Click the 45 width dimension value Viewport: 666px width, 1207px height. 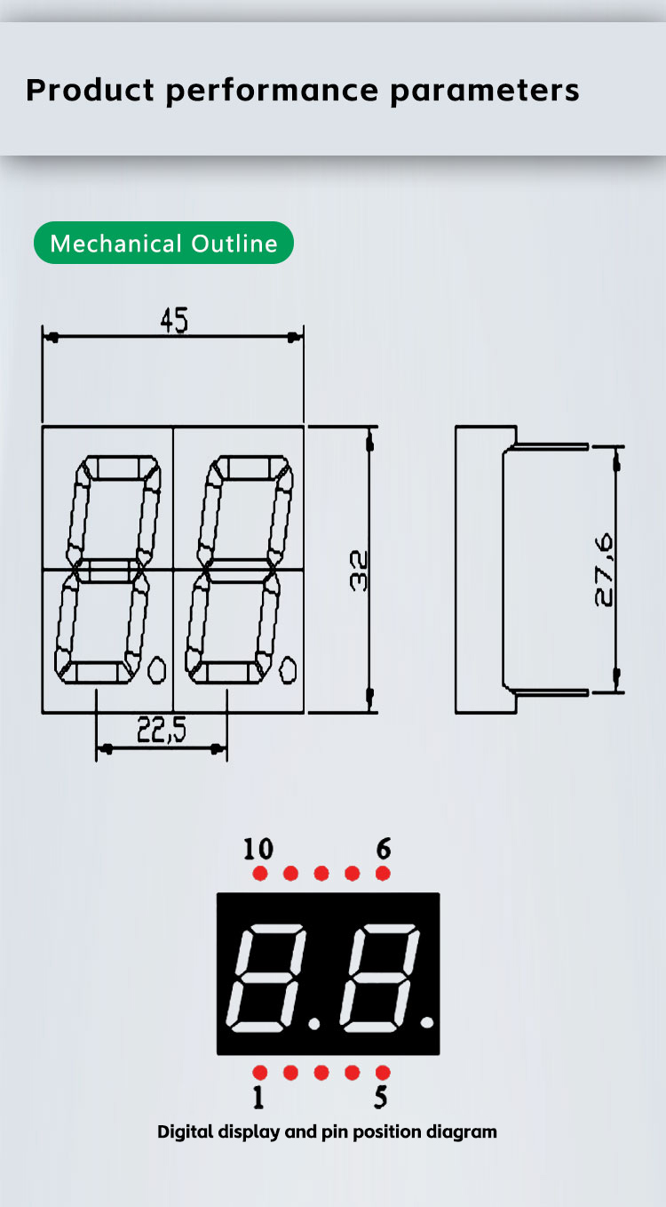pyautogui.click(x=174, y=320)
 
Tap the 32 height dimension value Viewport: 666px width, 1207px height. pyautogui.click(x=359, y=571)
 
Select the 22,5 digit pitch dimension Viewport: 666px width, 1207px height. pyautogui.click(x=162, y=730)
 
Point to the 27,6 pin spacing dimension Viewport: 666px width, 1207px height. pyautogui.click(x=604, y=570)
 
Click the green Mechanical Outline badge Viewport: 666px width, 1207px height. pyautogui.click(x=163, y=243)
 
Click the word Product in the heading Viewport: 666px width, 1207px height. pyautogui.click(x=90, y=90)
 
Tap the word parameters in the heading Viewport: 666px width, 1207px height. pyautogui.click(x=485, y=91)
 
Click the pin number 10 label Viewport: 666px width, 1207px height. pyautogui.click(x=258, y=849)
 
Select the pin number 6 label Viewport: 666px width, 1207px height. pyautogui.click(x=384, y=849)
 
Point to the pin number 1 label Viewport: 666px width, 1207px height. pyautogui.click(x=258, y=1097)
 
